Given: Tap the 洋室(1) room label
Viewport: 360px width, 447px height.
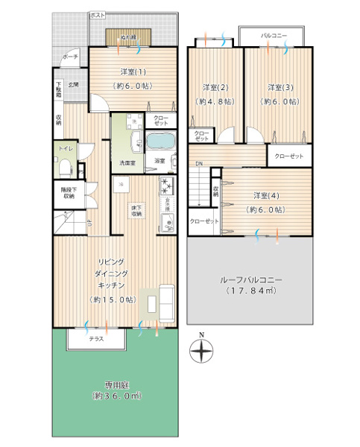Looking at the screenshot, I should click(132, 72).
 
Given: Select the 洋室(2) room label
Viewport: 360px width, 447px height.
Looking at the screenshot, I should click(215, 86).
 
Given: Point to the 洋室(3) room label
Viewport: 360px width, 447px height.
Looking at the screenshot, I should click(280, 86).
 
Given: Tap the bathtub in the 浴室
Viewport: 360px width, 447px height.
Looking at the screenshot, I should click(159, 142).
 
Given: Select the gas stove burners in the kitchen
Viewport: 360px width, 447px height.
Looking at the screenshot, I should click(165, 185).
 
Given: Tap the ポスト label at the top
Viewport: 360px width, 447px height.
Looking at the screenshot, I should click(97, 15).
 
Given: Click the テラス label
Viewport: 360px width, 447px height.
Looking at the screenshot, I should click(95, 339).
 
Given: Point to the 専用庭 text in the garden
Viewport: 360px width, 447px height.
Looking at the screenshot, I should click(114, 384).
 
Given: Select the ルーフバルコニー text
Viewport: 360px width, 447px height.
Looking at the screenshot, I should click(250, 279).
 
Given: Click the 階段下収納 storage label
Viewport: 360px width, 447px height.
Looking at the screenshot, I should click(68, 192).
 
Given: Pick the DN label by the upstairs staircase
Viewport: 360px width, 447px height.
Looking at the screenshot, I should click(199, 164).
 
